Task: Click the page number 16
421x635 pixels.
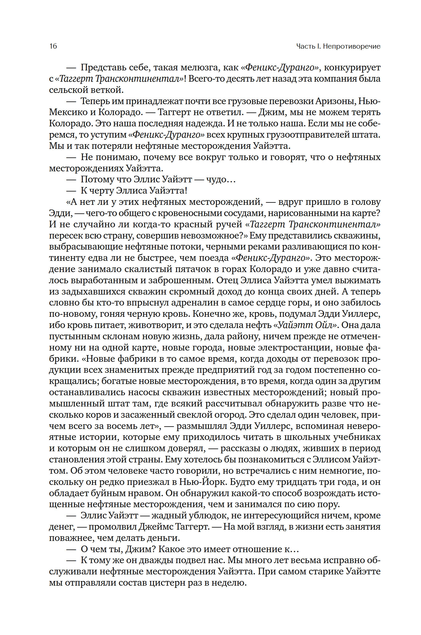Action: [x=53, y=46]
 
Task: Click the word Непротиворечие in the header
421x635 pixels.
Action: [x=351, y=46]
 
